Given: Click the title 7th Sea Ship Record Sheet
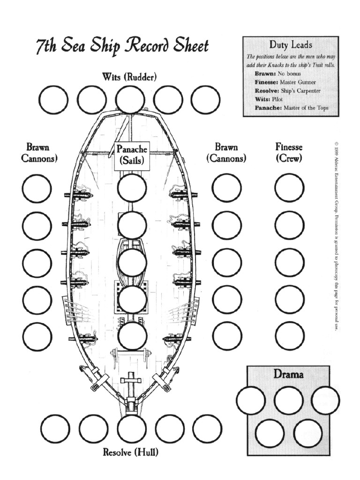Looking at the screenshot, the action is tap(122, 47).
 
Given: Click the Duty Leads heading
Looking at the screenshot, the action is tap(290, 45).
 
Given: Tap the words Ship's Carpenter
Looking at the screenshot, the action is tap(300, 91).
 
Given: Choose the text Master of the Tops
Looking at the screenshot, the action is tap(305, 108).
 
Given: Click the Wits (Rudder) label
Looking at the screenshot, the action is tap(129, 77).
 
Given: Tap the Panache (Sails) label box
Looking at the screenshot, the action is tap(132, 156).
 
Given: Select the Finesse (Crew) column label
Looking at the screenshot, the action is tap(289, 152).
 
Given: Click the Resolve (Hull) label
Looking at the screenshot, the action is tap(130, 452).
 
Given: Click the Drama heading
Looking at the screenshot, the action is tap(289, 375).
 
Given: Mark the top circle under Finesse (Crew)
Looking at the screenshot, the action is tap(289, 188).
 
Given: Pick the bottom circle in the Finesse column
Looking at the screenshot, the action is tap(289, 336).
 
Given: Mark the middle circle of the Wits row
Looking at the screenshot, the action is tap(130, 99).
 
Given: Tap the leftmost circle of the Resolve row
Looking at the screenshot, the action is tap(55, 429).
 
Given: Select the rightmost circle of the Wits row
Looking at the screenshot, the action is tap(205, 99).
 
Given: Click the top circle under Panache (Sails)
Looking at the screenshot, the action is tap(132, 188).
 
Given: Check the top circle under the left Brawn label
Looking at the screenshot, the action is tap(37, 188).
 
